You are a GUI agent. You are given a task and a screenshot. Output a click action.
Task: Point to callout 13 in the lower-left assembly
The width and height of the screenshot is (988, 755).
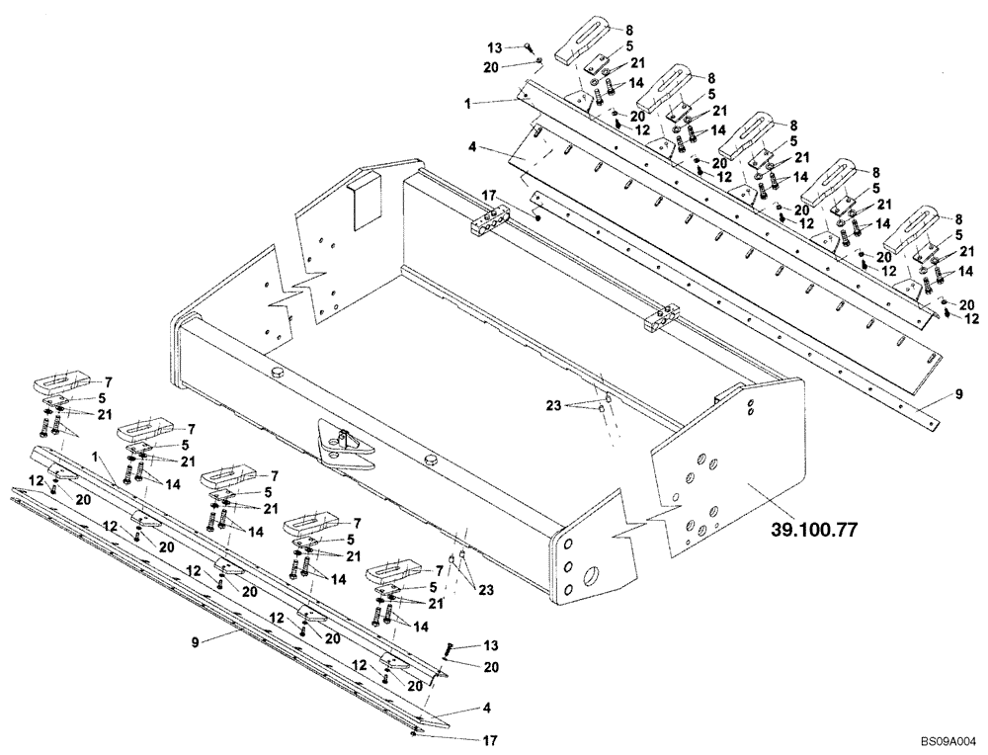point(490,645)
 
